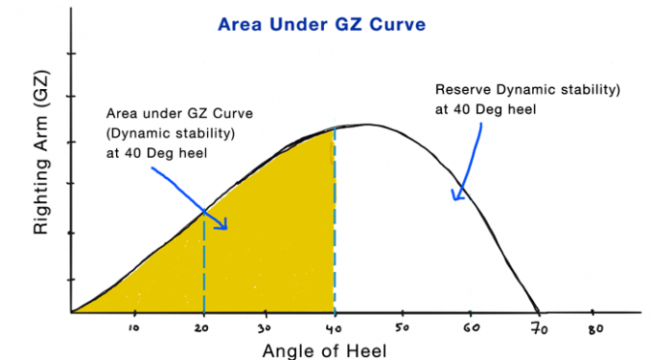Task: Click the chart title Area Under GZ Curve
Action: (x=322, y=24)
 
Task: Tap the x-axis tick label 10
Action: (x=133, y=328)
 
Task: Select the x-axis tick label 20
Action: (x=201, y=328)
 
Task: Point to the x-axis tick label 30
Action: (x=264, y=328)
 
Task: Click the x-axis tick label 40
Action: (x=334, y=329)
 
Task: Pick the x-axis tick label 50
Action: (x=401, y=328)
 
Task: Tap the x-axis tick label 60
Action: (x=472, y=328)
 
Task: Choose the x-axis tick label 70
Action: (x=540, y=329)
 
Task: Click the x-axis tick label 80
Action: (x=596, y=329)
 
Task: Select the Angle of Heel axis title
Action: (x=325, y=351)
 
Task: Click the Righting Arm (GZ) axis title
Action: (x=42, y=153)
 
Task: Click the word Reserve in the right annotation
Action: (x=463, y=90)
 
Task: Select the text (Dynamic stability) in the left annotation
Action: (x=170, y=134)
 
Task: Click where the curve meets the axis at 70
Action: (x=539, y=312)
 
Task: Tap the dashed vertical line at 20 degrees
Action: (x=204, y=261)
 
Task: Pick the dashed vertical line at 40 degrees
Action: (x=335, y=219)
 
